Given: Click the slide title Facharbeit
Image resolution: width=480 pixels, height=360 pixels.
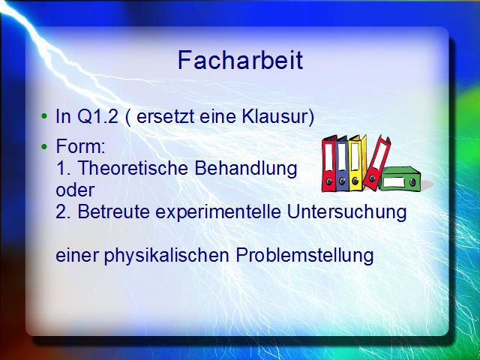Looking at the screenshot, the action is click(x=240, y=60).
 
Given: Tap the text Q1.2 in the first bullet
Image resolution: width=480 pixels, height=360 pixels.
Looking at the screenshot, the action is click(x=97, y=116).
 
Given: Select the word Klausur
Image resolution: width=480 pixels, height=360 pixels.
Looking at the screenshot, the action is click(x=278, y=116).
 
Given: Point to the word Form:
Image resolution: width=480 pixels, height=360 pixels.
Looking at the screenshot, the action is click(x=81, y=146).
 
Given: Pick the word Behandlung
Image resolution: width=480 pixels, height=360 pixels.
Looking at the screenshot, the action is click(x=246, y=169).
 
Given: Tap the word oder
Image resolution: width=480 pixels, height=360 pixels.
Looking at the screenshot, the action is click(x=75, y=190).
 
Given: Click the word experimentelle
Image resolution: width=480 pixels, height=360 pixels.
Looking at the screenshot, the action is click(x=218, y=212).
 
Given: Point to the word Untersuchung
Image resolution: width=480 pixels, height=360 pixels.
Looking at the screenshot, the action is click(x=346, y=212).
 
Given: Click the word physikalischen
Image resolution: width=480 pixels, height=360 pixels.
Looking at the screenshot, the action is click(x=166, y=256).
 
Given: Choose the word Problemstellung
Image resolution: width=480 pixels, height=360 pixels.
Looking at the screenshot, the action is click(x=304, y=256).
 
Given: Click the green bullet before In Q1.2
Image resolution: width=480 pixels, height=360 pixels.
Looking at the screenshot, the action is click(x=44, y=116).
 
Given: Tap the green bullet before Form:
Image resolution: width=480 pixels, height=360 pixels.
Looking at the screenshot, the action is click(x=44, y=147).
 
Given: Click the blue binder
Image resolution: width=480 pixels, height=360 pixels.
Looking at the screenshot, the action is click(x=342, y=163).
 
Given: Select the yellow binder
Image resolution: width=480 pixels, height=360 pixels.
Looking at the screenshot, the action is click(x=357, y=163).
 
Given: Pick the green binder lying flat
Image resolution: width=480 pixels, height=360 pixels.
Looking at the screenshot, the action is click(x=400, y=179).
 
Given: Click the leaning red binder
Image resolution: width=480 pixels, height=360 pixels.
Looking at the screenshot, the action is click(x=376, y=163).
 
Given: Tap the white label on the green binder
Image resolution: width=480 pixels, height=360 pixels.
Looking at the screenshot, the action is click(x=394, y=182).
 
